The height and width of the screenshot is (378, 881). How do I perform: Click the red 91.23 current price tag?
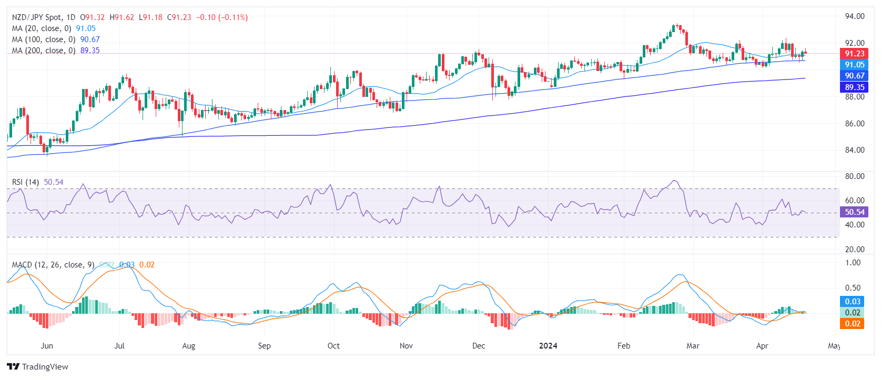coord(854,54)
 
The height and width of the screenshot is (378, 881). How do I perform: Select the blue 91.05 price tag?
coord(854,65)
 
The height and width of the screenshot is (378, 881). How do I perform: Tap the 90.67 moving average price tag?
coord(854,76)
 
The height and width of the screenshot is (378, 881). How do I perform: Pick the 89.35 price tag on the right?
coord(854,87)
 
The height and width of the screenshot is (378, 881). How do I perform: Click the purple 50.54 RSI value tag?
coord(854,212)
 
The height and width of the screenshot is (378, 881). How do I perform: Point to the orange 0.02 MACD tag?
coord(853,324)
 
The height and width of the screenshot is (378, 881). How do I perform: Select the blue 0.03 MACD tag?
coord(853,302)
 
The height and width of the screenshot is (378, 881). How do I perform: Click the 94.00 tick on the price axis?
coord(855,16)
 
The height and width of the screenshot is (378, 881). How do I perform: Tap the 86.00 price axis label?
coord(855,124)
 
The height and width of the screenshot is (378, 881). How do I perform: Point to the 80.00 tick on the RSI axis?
coord(855,176)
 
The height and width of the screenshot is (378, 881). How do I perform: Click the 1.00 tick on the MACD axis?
coord(853,263)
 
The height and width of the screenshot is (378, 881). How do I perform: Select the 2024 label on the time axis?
coord(548,346)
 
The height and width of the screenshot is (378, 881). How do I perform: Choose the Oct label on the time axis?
coord(333,346)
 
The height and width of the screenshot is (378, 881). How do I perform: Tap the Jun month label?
coord(47,346)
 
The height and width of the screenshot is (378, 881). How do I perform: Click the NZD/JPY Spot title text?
coord(37,17)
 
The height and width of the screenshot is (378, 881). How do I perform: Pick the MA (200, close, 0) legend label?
coord(44,51)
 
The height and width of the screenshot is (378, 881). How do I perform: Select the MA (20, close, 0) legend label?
coord(42,28)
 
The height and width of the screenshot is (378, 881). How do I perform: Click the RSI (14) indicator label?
coord(25,182)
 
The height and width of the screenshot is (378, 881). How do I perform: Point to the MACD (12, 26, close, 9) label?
coord(53,265)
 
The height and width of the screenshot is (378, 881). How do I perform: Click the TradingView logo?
coord(38,367)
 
